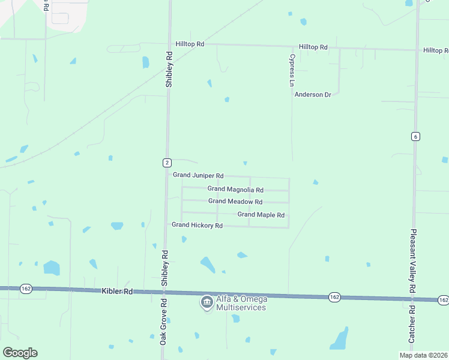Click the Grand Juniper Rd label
coord(198,175)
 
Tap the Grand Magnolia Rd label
coord(235,189)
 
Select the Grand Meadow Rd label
coord(235,202)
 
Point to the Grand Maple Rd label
coord(261,215)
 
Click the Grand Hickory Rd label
coord(197,226)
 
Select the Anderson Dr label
coord(313,95)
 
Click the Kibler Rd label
coord(116,291)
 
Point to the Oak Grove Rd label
coord(163,328)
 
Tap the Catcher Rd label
coord(412,325)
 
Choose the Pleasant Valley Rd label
coord(413,260)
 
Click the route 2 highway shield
coord(166,163)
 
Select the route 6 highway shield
coord(415,136)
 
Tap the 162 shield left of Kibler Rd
coord(26,289)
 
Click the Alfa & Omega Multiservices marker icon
coord(206,302)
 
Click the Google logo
coord(20,353)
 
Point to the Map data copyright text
coord(423,355)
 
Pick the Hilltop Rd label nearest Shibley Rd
coord(190,44)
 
